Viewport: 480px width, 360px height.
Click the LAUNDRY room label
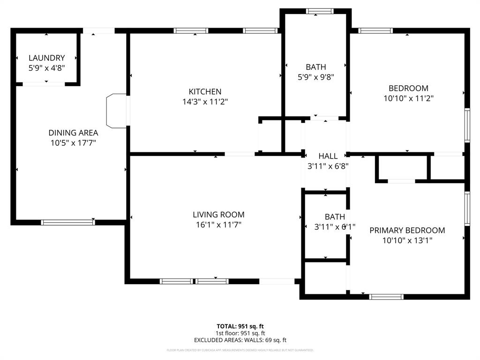click(46, 58)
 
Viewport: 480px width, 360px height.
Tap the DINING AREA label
click(73, 133)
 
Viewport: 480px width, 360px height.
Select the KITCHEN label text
click(205, 92)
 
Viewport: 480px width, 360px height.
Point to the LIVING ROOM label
click(218, 215)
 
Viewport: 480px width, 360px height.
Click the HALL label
click(328, 156)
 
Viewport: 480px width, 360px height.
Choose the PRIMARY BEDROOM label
click(407, 231)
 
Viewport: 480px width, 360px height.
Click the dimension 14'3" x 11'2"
click(205, 102)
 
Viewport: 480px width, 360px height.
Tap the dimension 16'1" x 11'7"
click(218, 225)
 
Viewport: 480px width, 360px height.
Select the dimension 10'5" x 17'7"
click(73, 143)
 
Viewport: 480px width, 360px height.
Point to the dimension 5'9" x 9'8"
click(315, 77)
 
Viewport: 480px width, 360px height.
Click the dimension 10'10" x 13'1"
click(407, 240)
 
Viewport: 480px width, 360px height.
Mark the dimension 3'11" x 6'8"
click(328, 166)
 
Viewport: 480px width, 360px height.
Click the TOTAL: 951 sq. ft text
click(240, 326)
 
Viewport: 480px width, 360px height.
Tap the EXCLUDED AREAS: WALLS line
click(240, 340)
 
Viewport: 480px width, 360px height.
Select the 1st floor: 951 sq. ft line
click(240, 333)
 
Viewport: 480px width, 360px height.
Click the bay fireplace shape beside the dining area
click(117, 111)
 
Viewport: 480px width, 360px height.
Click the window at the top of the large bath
click(320, 11)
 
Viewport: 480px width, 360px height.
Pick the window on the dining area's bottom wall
click(68, 222)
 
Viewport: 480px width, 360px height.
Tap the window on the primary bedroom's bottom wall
click(386, 297)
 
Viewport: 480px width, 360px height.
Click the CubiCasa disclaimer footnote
click(240, 350)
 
